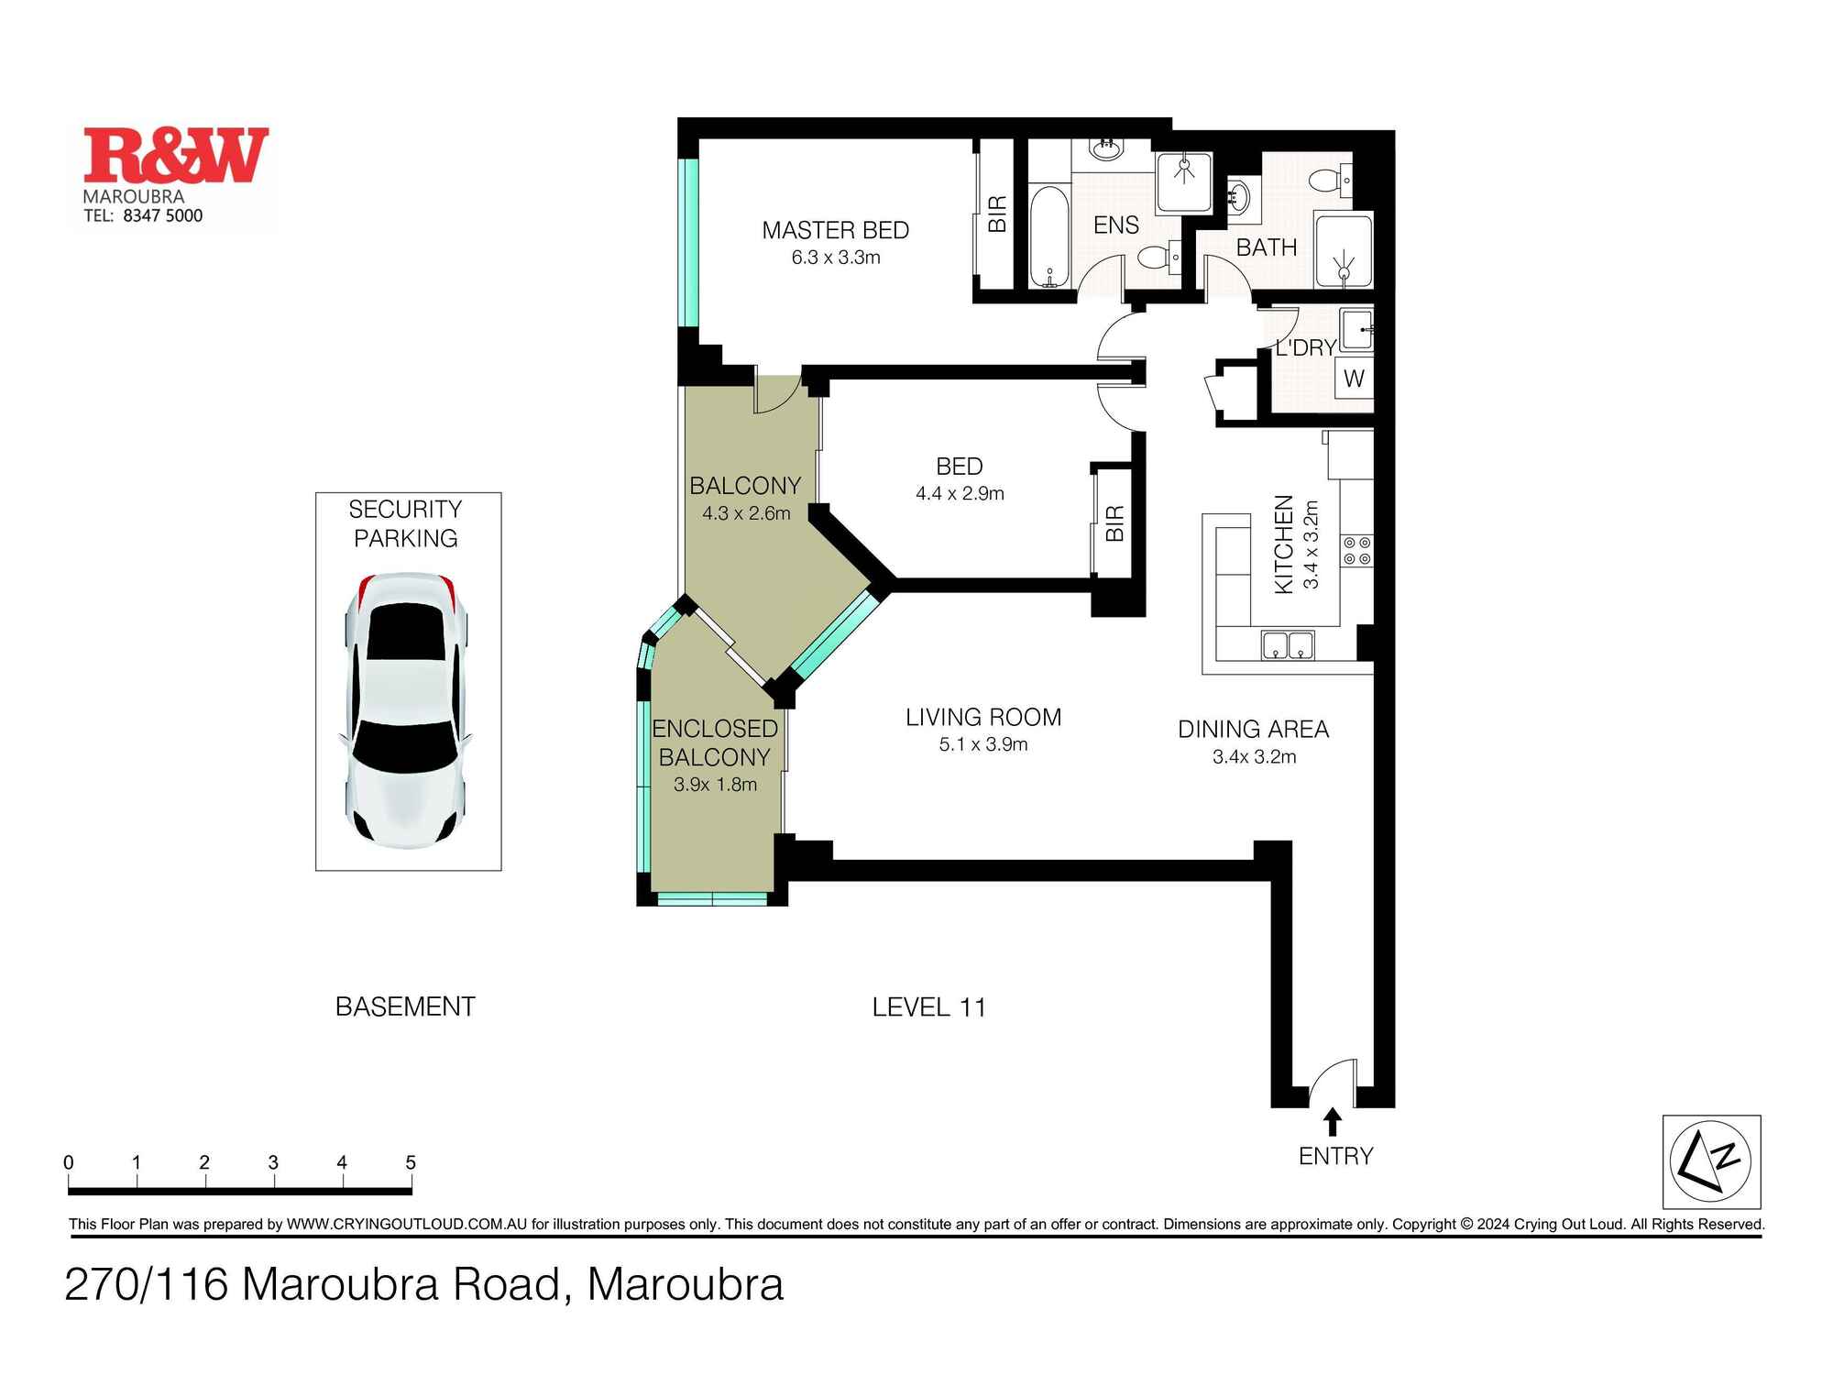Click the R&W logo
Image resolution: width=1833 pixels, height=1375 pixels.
[x=176, y=156]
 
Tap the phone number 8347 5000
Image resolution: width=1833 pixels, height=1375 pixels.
[x=162, y=216]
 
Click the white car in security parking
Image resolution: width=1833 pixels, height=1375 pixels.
[x=407, y=709]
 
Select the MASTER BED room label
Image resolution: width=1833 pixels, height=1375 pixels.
[x=835, y=230]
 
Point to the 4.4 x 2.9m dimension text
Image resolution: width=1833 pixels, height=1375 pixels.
[x=960, y=494]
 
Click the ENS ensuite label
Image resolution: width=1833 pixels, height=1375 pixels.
[x=1115, y=225]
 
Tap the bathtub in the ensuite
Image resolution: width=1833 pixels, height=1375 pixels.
[x=1048, y=236]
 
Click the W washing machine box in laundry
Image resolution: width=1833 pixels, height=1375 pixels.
[x=1354, y=378]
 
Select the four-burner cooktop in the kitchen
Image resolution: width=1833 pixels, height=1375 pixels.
[x=1357, y=551]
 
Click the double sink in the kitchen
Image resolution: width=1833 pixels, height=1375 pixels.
[x=1288, y=645]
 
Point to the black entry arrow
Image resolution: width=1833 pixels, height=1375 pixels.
[x=1333, y=1122]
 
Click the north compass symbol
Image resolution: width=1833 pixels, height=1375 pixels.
[x=1710, y=1161]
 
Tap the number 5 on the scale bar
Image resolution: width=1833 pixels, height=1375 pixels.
[x=411, y=1162]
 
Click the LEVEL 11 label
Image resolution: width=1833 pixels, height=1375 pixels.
[x=928, y=1007]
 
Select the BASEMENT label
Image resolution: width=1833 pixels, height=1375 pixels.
[x=405, y=1006]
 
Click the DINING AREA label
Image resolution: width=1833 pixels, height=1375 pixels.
[x=1253, y=730]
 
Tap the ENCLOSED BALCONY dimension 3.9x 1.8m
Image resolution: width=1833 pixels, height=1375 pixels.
[x=715, y=785]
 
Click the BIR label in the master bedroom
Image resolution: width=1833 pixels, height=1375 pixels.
[x=997, y=214]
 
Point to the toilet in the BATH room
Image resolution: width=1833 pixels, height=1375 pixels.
[x=1326, y=181]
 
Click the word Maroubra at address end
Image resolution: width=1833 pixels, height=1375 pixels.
[x=685, y=1284]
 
